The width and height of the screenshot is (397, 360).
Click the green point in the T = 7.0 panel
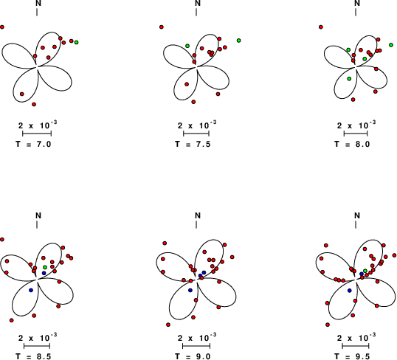click(77, 42)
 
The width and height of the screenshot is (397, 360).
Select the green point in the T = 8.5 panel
click(45, 267)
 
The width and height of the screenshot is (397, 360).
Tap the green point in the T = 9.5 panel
click(365, 271)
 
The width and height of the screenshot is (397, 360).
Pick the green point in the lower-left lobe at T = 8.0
click(349, 79)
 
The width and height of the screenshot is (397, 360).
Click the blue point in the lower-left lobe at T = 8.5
click(31, 290)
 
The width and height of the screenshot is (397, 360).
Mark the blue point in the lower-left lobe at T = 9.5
click(350, 291)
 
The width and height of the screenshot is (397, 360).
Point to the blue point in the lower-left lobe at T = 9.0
click(190, 290)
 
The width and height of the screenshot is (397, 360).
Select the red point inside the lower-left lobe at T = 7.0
click(22, 94)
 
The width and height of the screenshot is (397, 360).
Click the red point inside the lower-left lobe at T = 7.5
click(187, 84)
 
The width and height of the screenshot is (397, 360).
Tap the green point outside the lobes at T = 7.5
click(239, 41)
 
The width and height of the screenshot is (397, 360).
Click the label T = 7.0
click(33, 144)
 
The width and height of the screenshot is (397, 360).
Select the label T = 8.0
click(352, 144)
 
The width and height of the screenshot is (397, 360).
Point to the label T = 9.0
click(193, 356)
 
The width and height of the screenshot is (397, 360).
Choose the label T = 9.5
click(352, 356)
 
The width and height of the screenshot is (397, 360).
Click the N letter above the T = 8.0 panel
click(357, 3)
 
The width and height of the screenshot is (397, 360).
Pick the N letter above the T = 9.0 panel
click(198, 215)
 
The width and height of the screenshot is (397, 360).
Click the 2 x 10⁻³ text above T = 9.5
click(356, 337)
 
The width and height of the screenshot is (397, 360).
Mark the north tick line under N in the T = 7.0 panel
click(37, 12)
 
